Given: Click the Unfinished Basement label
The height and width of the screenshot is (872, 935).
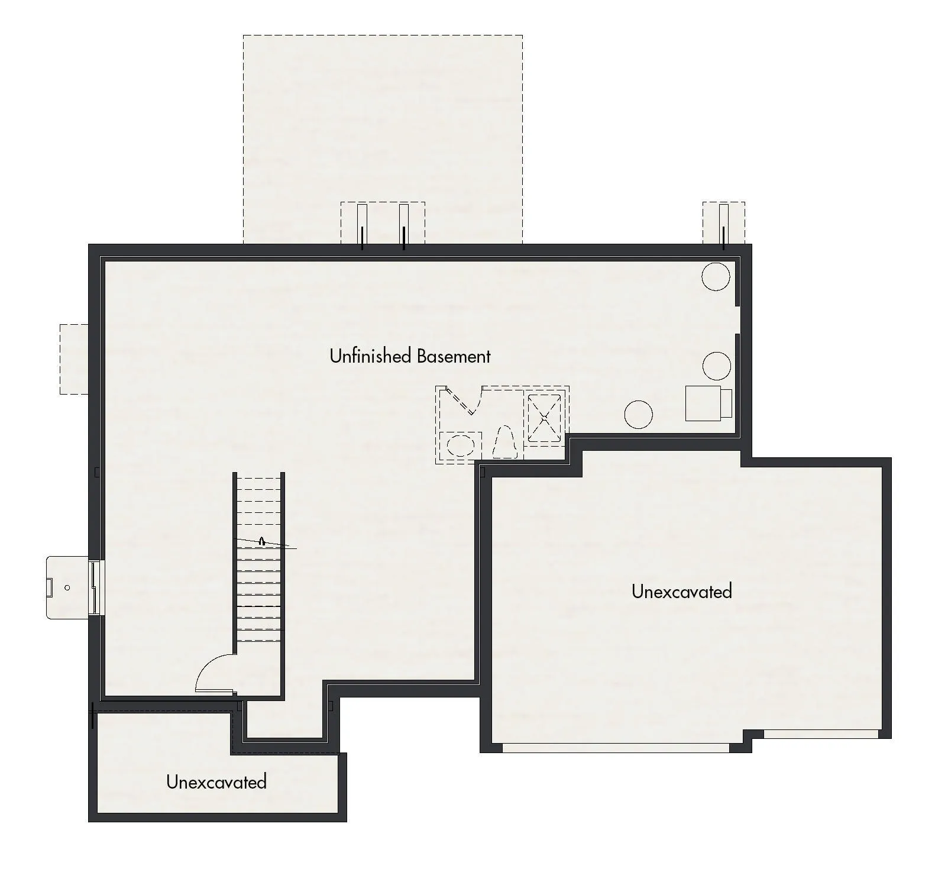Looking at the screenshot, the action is (410, 356).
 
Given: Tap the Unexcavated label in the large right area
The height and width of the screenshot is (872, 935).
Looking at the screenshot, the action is (682, 591).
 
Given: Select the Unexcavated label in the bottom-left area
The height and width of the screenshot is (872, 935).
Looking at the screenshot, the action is (216, 781).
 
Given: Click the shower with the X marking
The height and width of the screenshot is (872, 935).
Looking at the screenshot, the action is (544, 418).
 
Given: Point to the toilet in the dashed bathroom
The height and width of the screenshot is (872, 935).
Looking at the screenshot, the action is (506, 442).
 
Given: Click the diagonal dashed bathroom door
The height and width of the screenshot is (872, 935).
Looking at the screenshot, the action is (461, 401).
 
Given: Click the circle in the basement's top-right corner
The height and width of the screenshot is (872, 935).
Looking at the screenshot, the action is (716, 276).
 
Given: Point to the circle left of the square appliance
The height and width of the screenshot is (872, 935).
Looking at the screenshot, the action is (639, 414).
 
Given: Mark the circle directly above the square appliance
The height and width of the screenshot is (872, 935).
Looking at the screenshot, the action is (717, 366).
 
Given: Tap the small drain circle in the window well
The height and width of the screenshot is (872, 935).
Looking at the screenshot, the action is (67, 587).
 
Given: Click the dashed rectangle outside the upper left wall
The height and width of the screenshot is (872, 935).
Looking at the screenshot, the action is (74, 359).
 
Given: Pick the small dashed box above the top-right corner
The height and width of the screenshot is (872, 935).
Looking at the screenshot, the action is (723, 222).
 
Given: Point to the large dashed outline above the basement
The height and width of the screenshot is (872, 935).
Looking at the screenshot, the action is (383, 139).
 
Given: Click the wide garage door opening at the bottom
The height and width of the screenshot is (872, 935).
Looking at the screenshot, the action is (616, 748).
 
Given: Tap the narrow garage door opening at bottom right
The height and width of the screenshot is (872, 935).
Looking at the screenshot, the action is (821, 734).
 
